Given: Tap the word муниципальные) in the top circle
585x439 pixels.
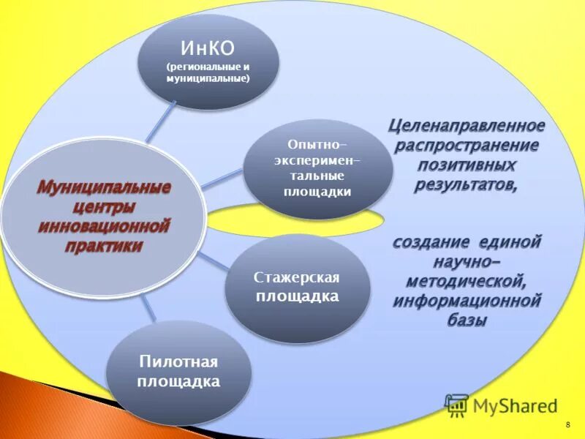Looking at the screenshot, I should tap(208, 78).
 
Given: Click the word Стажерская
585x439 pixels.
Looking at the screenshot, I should tap(297, 278).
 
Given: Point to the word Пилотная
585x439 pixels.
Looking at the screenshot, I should tap(178, 362).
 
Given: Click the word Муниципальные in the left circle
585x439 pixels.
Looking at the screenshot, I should tap(104, 187).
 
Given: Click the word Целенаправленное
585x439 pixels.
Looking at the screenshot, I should tap(466, 126).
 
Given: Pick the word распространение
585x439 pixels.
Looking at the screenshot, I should tap(466, 145).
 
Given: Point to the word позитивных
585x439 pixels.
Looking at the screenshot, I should tap(466, 165).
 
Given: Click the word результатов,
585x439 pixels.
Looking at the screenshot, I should tap(466, 184).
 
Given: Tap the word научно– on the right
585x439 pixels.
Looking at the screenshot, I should tap(466, 260).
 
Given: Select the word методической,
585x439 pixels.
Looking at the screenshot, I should tap(466, 280).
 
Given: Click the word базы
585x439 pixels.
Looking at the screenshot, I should tap(466, 320).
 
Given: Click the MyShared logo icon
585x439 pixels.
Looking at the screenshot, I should tap(456, 405).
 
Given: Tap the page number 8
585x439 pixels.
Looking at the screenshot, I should tap(567, 425).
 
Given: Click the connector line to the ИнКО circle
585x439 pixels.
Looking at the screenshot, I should tap(161, 121).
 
